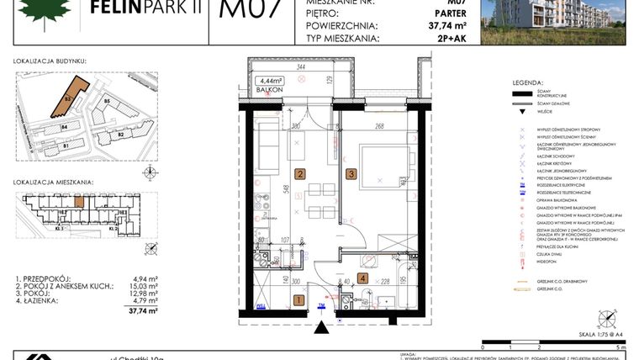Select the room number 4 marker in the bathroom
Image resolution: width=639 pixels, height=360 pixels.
362,278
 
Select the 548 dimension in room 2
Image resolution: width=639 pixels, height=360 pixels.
287,190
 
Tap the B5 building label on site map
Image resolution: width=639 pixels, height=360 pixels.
107,102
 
